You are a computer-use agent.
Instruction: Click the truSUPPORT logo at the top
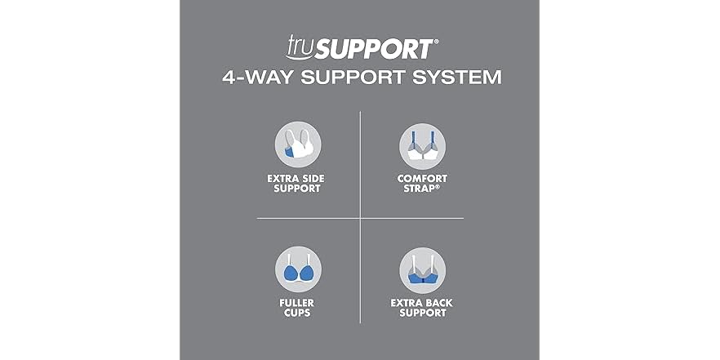point(362,47)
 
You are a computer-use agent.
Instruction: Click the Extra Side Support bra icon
point(298,144)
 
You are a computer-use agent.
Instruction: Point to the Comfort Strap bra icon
point(423,146)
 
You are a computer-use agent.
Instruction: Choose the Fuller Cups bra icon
point(298,269)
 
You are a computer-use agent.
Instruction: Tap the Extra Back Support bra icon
point(423,270)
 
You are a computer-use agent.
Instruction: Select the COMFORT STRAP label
point(422,183)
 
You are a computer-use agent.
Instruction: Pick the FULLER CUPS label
point(296,308)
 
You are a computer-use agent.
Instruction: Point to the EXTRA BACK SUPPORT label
point(421,308)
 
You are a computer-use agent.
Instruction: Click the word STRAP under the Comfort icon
point(419,189)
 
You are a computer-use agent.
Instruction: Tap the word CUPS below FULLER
point(296,313)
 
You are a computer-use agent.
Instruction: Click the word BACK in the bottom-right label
point(438,303)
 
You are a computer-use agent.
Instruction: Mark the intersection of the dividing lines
point(361,218)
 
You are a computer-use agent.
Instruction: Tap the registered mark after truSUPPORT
point(436,42)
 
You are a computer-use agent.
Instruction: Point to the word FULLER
point(296,303)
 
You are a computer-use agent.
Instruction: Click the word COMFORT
point(422,178)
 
